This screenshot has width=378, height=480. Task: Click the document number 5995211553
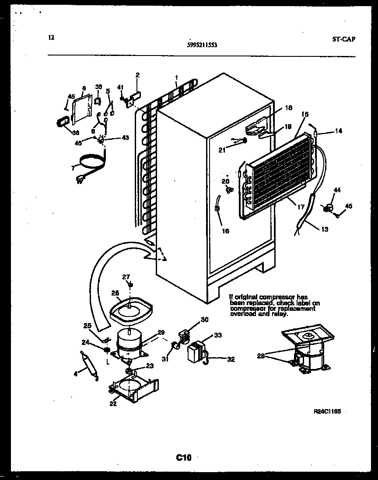click(201, 45)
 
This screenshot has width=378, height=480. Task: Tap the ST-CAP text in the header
click(343, 38)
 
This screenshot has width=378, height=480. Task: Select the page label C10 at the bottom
click(184, 458)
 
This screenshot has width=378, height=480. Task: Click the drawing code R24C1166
click(327, 411)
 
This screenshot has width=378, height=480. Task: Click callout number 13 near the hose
click(324, 229)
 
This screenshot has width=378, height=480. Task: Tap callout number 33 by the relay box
click(217, 336)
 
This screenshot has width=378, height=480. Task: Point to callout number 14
click(338, 131)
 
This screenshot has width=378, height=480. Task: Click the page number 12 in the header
click(51, 38)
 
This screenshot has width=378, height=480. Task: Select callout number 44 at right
click(337, 190)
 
